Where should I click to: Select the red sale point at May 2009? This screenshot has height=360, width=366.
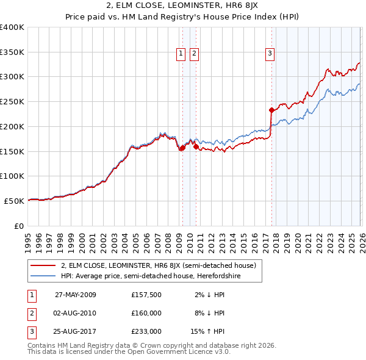click(x=182, y=148)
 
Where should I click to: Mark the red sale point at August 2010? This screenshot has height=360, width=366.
click(x=195, y=146)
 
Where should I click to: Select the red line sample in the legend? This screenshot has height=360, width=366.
click(x=44, y=265)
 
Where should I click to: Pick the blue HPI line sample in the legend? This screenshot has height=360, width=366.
click(x=44, y=276)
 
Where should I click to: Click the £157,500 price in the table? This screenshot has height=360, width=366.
click(x=146, y=294)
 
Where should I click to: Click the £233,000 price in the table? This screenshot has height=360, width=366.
click(x=146, y=332)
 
